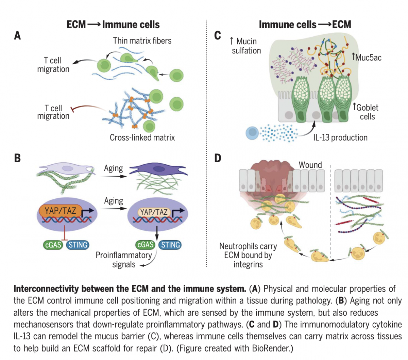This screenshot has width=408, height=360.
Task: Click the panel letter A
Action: (17, 35)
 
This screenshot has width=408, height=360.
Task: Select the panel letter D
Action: (218, 158)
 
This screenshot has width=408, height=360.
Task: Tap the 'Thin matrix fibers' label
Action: (142, 41)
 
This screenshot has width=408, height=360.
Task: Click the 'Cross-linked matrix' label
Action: (142, 137)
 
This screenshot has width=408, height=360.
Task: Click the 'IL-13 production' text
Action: (340, 137)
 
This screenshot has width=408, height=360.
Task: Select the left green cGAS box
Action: (53, 245)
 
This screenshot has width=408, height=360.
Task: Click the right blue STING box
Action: (171, 245)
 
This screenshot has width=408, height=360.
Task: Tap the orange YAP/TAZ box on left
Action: (61, 211)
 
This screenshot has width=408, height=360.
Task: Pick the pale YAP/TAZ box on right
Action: (154, 212)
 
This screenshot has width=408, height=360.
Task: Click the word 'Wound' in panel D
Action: (310, 165)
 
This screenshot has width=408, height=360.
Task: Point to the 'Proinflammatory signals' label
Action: (124, 260)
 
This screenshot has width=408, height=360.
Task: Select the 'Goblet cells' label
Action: (367, 112)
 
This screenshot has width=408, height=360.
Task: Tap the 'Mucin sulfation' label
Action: (246, 46)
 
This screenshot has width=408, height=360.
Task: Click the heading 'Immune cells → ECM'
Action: (305, 24)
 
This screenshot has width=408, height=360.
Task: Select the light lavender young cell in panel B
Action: (66, 168)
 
